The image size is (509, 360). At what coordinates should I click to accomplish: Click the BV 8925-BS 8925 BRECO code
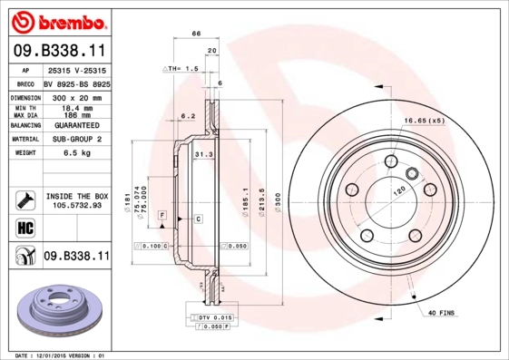pos(76,83)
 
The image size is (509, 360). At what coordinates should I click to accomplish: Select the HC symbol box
pos(24,227)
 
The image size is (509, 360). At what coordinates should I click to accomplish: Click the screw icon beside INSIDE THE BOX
pos(24,199)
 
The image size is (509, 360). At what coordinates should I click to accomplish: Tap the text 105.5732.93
pos(76,205)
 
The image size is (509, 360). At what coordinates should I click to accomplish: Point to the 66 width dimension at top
pos(196,34)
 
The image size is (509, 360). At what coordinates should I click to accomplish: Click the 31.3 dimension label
pos(203,155)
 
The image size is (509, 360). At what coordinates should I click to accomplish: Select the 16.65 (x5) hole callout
pos(423,120)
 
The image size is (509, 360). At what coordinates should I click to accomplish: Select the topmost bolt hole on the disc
pos(390,162)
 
